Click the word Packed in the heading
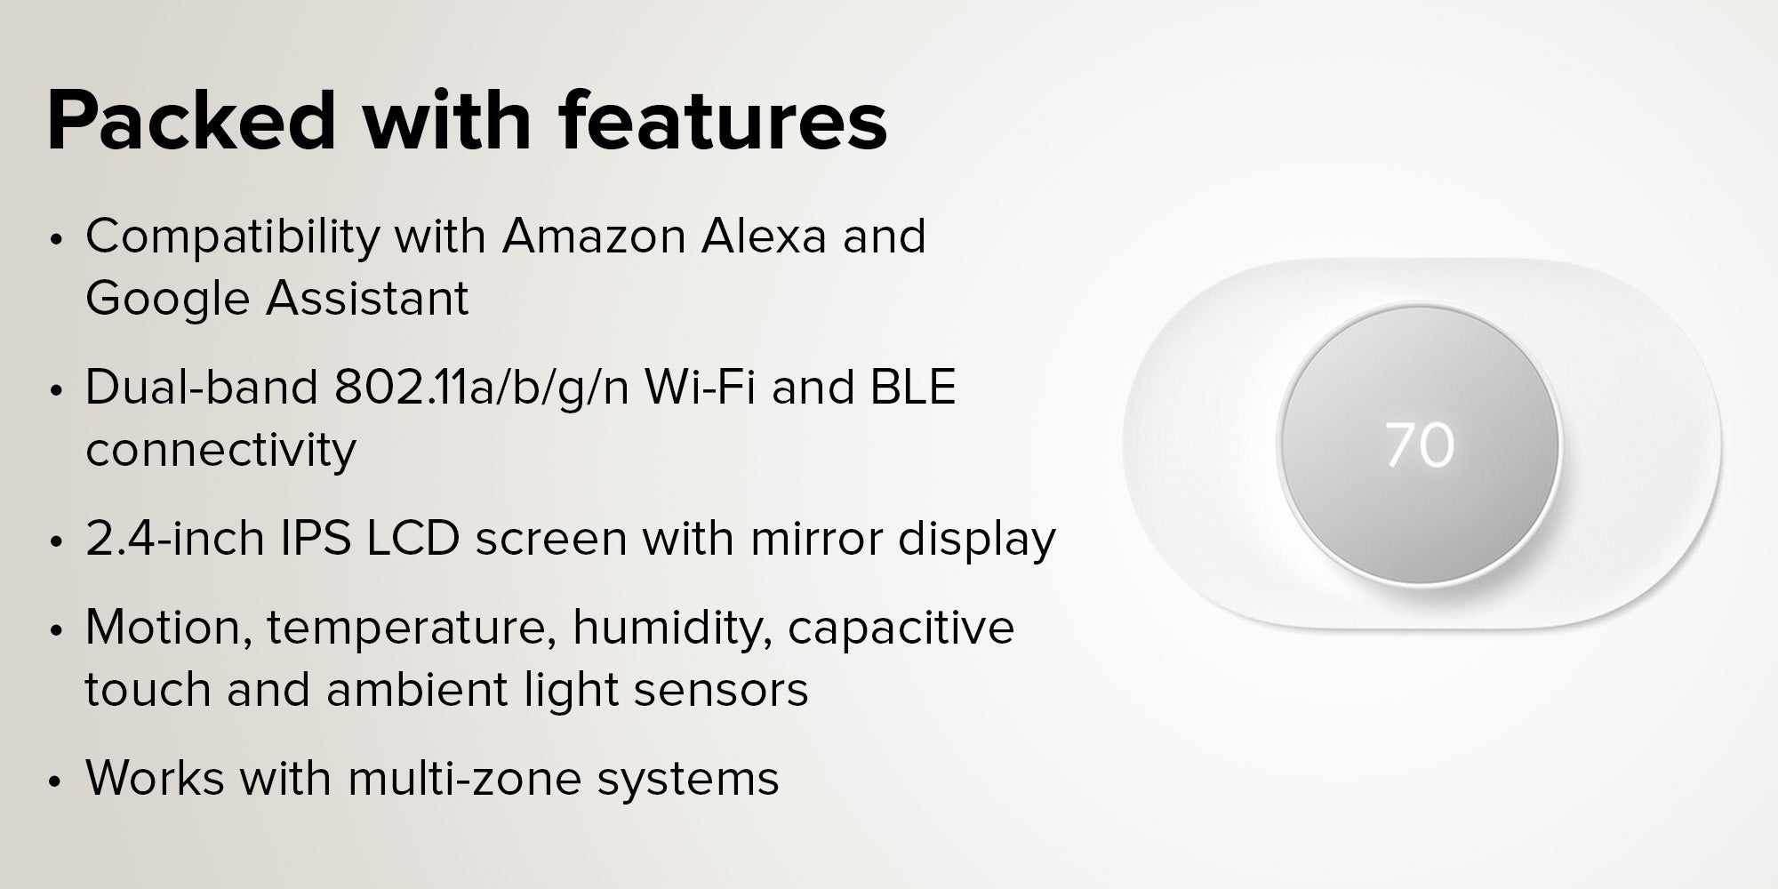click(192, 121)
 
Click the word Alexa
click(764, 236)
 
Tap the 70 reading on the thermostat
click(1420, 445)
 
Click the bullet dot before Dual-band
click(57, 391)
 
